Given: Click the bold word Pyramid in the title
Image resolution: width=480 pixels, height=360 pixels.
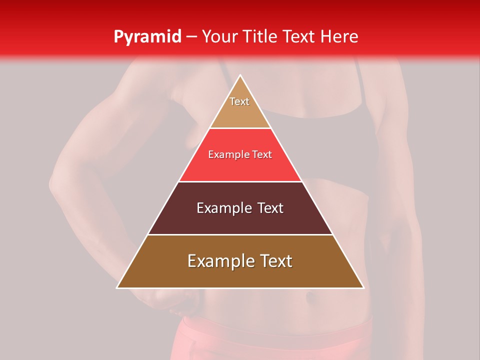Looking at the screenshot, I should tap(147, 36).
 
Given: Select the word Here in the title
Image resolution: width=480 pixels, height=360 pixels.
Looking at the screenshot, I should tap(339, 36).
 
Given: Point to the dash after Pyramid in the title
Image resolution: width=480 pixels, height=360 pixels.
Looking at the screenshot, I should tap(191, 37).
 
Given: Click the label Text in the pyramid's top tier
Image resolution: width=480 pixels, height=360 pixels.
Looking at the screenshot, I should tap(239, 101).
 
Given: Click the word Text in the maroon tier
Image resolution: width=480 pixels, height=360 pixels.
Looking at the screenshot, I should tap(265, 208).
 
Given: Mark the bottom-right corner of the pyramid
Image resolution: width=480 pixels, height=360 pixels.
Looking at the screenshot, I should tap(363, 287).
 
